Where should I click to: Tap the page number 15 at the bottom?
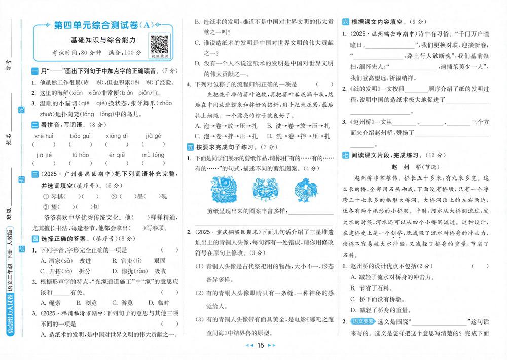tap(261, 346)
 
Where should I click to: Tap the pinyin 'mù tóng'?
tap(153, 155)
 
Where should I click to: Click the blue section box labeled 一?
tap(34, 71)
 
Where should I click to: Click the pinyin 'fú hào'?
tap(80, 155)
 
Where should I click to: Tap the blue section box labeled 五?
tap(190, 147)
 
